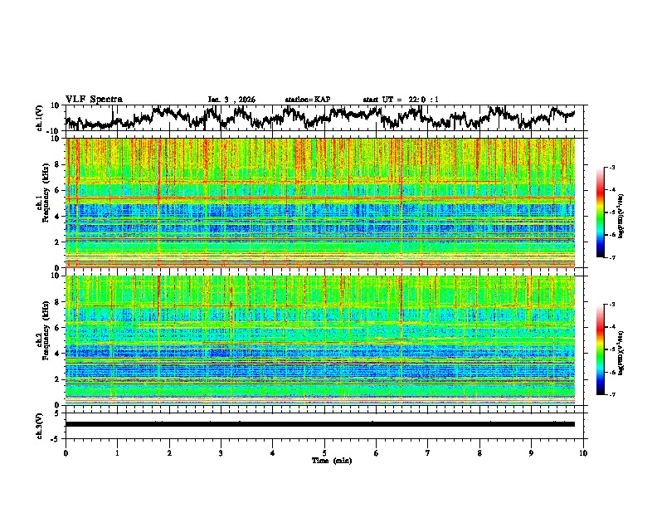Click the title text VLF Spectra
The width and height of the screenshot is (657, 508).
[94, 99]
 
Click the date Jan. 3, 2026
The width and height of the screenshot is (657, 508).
[231, 100]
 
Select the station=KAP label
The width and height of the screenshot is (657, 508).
[307, 100]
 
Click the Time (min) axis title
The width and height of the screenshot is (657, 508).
[330, 460]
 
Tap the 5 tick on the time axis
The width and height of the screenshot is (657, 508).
[324, 452]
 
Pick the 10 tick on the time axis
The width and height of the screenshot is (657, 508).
[583, 452]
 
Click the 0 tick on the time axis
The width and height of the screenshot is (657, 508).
[66, 452]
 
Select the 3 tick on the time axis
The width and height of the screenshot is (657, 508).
[221, 452]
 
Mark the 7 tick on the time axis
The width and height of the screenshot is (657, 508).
[428, 452]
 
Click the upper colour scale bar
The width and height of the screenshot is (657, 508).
[601, 212]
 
